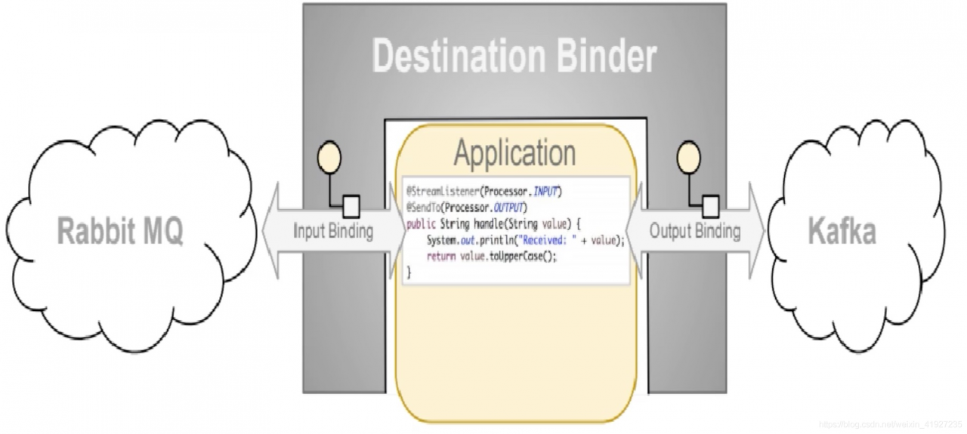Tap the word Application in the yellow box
pyautogui.click(x=514, y=153)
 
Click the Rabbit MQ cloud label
pyautogui.click(x=120, y=232)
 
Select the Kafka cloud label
pyautogui.click(x=842, y=231)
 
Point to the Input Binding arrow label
pyautogui.click(x=333, y=231)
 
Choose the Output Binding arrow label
pyautogui.click(x=695, y=231)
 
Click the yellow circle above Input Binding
pyautogui.click(x=330, y=156)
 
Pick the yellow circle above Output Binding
pyautogui.click(x=687, y=156)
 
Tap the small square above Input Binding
pyautogui.click(x=351, y=205)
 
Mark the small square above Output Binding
pyautogui.click(x=710, y=205)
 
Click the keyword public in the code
pyautogui.click(x=421, y=224)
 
